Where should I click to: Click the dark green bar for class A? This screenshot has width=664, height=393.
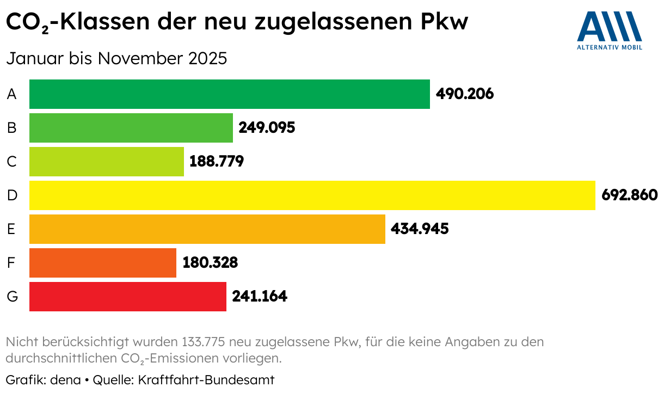[229, 94]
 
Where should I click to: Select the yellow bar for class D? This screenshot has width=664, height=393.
[312, 195]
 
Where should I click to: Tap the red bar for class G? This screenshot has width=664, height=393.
[127, 297]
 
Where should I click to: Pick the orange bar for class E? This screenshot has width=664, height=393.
[207, 229]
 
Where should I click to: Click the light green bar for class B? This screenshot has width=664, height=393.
[131, 128]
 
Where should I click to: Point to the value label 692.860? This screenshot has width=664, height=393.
[630, 195]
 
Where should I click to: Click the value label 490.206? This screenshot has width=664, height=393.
[465, 94]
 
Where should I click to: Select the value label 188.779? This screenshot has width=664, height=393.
[217, 162]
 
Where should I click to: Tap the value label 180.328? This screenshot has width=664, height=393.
[210, 263]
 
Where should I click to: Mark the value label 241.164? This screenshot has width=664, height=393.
[260, 297]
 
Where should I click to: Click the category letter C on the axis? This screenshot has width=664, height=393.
[12, 162]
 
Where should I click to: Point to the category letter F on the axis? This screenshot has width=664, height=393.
[11, 263]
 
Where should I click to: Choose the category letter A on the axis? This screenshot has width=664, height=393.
[12, 94]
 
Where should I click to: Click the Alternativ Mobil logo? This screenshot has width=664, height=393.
[610, 30]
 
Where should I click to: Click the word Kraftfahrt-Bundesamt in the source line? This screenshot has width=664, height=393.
[206, 379]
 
